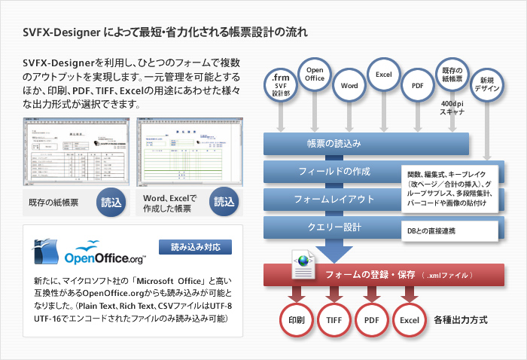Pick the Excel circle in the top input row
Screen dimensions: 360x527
pos(384,75)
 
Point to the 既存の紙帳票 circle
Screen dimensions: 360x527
pos(452,75)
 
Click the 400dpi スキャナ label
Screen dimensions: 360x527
pos(452,107)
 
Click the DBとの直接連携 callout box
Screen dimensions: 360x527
pos(449,230)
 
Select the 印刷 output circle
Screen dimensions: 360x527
pos(296,320)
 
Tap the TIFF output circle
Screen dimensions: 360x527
pos(334,320)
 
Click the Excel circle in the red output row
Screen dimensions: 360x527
pos(410,320)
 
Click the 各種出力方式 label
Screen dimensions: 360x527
pos(461,320)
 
